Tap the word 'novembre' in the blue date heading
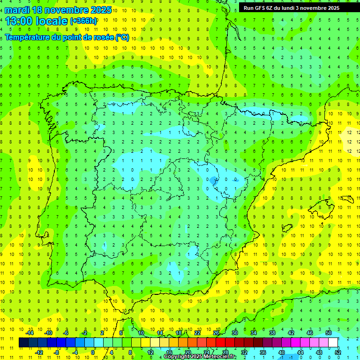click(66, 9)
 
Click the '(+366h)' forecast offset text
click(83, 21)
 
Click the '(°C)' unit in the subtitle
click(121, 37)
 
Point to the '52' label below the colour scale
click(338, 352)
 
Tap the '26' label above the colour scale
click(216, 333)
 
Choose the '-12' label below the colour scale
click(39, 352)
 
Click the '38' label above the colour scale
click(272, 333)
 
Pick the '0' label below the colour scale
click(93, 352)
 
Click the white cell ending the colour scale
click(333, 343)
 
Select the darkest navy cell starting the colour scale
click(23, 343)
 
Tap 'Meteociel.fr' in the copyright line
click(220, 357)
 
